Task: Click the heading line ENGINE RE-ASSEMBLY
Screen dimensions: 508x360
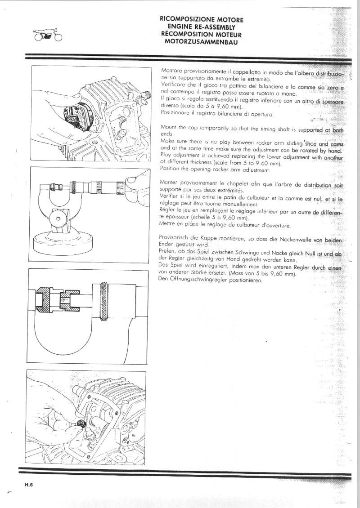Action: pos(202,27)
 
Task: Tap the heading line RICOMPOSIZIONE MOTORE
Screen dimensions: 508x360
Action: pos(202,20)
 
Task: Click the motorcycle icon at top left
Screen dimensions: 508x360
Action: pos(44,35)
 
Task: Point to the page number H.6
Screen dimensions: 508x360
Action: pos(30,484)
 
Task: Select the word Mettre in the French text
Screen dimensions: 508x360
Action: pos(169,225)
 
